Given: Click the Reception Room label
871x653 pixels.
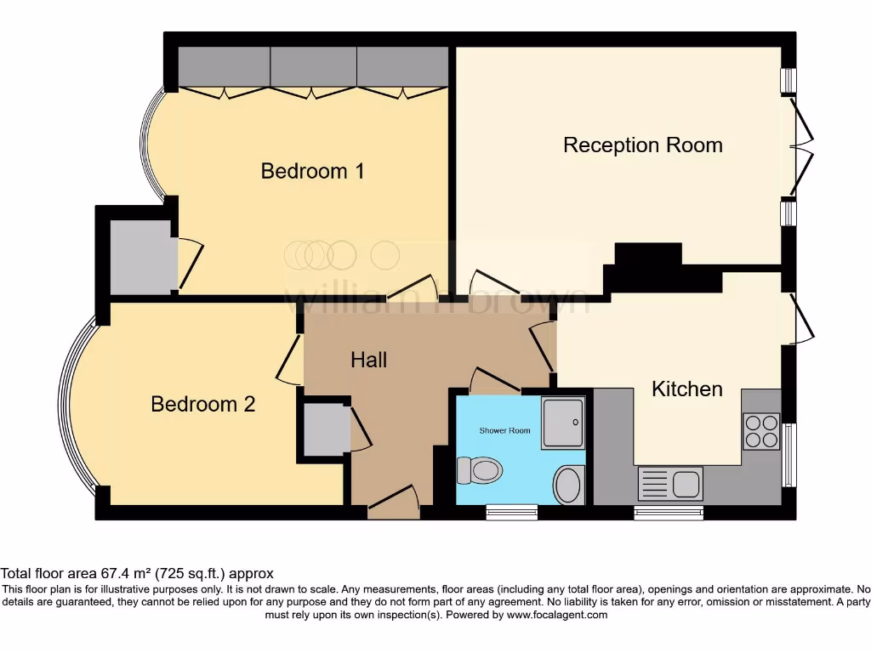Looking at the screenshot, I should click(643, 145).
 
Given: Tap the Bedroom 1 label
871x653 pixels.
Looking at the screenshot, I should click(312, 171).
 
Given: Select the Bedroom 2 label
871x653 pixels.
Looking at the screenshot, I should click(202, 404).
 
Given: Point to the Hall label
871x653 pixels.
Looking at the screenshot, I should click(368, 360).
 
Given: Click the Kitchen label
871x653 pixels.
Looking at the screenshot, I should click(686, 389).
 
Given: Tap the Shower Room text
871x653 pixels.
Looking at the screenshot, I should click(504, 430).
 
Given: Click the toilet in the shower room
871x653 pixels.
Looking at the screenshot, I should click(478, 469).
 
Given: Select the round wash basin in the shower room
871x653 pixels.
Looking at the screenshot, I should click(567, 485).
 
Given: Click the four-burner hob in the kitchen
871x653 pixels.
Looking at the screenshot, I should click(761, 430).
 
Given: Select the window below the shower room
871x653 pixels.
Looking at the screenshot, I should click(511, 512).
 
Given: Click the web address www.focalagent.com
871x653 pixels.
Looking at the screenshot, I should click(556, 614).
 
